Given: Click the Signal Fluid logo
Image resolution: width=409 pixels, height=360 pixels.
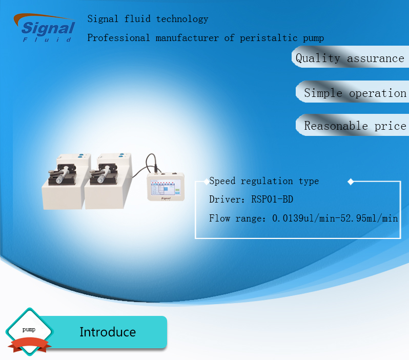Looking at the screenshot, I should click(x=45, y=28).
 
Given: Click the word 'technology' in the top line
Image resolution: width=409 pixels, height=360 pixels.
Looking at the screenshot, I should click(x=182, y=19).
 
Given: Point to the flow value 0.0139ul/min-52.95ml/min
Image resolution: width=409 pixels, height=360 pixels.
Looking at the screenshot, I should click(x=335, y=218).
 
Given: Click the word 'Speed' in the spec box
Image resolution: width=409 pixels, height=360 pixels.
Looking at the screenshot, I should click(x=224, y=181).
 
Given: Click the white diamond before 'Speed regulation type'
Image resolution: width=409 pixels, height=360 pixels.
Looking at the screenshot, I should click(x=206, y=181).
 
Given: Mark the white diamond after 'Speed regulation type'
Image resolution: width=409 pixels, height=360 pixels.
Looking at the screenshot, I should click(x=351, y=182).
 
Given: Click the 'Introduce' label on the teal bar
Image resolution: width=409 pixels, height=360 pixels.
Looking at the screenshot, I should click(x=108, y=332).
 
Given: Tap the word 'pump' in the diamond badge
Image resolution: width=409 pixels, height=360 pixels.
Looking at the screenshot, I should click(x=29, y=329).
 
